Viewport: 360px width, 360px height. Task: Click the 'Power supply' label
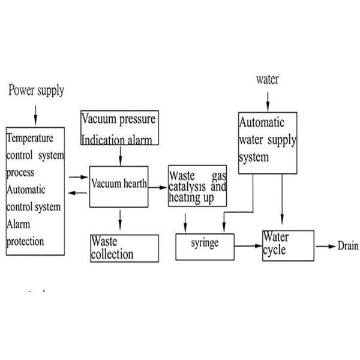36,91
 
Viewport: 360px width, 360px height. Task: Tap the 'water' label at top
267,79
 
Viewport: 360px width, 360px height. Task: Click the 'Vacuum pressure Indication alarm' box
120,128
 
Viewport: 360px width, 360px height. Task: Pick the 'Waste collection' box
125,248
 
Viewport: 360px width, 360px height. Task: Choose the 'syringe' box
205,245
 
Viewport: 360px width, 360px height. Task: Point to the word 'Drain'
348,246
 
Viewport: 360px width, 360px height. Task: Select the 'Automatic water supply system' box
268,143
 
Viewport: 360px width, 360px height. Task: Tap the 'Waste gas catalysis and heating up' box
198,187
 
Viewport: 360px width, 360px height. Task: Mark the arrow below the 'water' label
268,97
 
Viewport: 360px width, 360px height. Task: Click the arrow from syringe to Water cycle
248,245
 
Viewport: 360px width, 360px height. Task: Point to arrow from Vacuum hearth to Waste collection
121,220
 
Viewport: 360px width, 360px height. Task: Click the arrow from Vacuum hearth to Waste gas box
158,187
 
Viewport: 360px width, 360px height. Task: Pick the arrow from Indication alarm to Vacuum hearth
121,155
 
